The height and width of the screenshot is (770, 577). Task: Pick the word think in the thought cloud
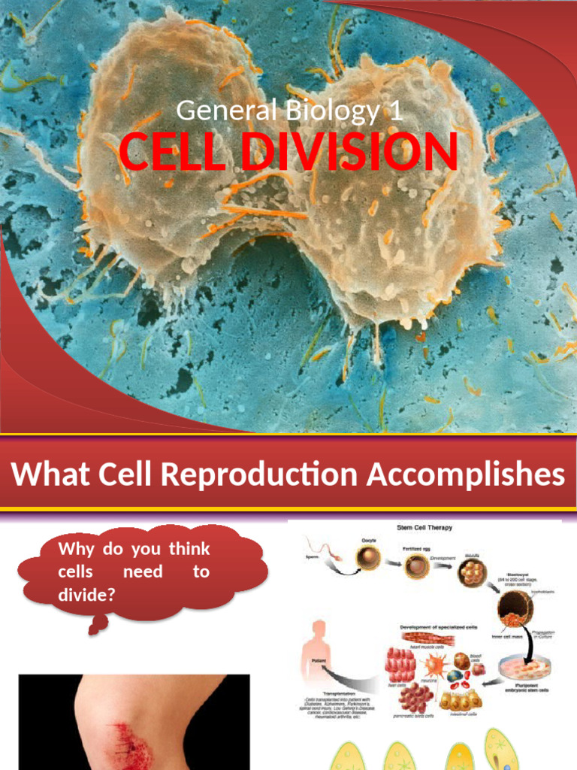coord(189,549)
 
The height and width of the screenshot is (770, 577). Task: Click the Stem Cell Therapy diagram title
coord(424,527)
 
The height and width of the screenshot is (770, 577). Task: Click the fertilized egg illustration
coord(417,566)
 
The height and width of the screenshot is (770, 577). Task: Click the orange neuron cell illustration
coord(434,667)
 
